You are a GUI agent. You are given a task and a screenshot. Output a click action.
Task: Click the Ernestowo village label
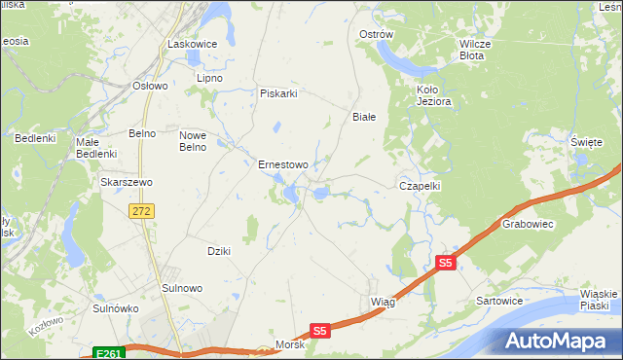point(282,164)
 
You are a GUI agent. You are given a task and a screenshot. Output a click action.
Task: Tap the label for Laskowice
point(191,44)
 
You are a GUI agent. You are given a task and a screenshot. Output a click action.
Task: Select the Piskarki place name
point(277,93)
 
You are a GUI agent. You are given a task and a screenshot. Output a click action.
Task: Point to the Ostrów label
point(376,34)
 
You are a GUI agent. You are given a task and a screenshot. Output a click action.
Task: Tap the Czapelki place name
point(421,185)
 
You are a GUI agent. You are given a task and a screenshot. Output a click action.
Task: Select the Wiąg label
point(383,302)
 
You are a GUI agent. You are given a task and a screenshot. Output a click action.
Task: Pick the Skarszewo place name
point(125,181)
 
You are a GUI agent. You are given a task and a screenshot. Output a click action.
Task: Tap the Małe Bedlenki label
point(96,147)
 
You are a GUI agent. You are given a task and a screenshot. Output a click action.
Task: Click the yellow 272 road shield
point(143,210)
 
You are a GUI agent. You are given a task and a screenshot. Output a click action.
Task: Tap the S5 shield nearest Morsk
point(320,331)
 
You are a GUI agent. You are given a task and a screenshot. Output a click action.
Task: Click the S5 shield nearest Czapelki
point(445,263)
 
